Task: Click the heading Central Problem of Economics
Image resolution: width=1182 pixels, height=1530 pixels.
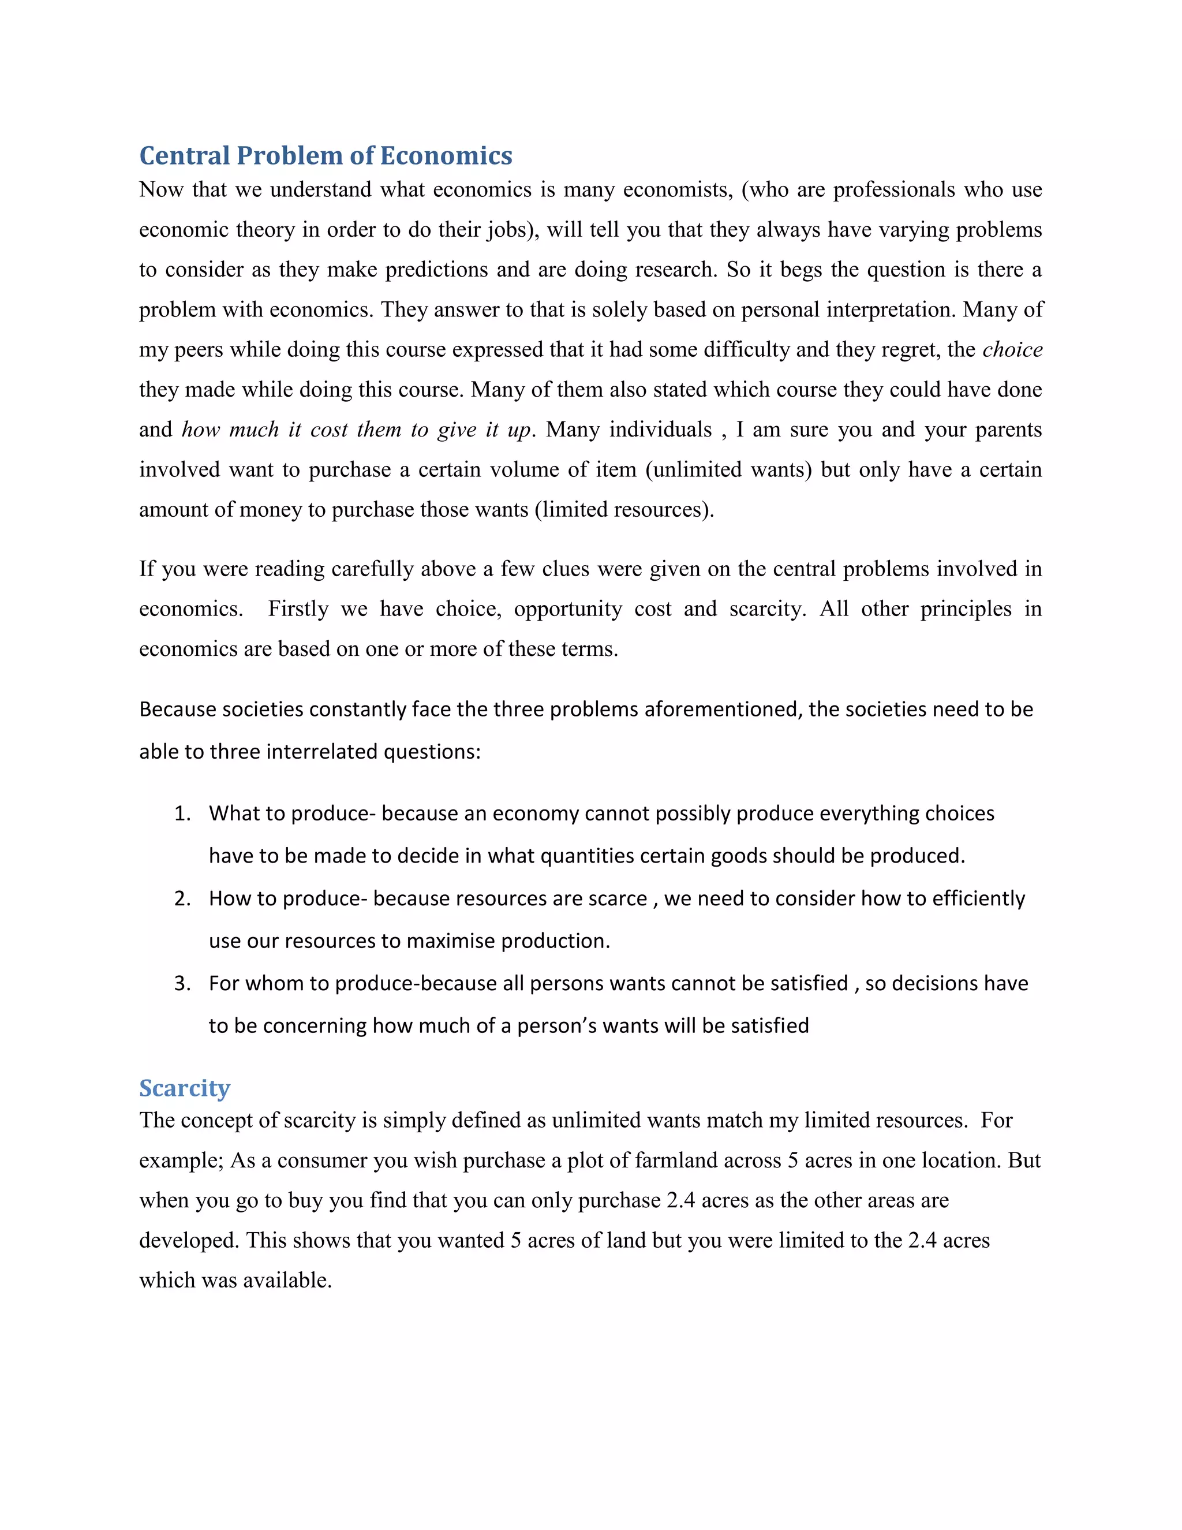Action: (326, 155)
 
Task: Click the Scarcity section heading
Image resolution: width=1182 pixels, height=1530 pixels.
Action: (184, 1088)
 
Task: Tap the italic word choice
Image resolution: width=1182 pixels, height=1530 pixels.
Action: (1012, 349)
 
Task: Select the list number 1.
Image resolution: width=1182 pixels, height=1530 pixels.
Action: (181, 813)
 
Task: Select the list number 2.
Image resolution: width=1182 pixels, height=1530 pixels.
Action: (181, 898)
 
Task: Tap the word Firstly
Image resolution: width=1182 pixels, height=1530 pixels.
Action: (298, 609)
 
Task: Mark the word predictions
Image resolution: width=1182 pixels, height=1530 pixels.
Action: (436, 270)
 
